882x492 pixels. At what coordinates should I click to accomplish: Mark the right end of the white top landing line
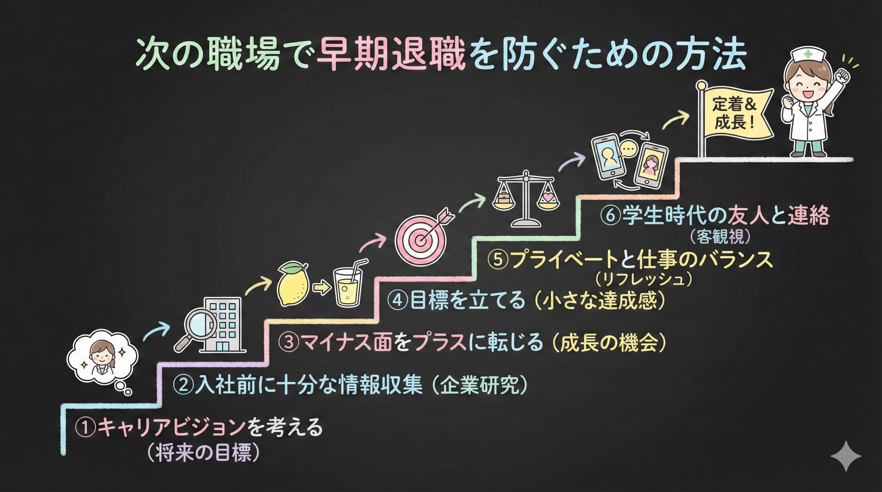853,159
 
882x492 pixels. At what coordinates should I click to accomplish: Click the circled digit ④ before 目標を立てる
398,300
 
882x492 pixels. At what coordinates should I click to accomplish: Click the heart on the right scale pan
547,197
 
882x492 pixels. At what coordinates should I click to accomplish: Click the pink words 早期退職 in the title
391,55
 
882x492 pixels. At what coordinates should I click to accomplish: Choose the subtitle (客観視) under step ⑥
720,237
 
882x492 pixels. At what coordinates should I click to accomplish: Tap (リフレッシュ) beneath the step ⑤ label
644,279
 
